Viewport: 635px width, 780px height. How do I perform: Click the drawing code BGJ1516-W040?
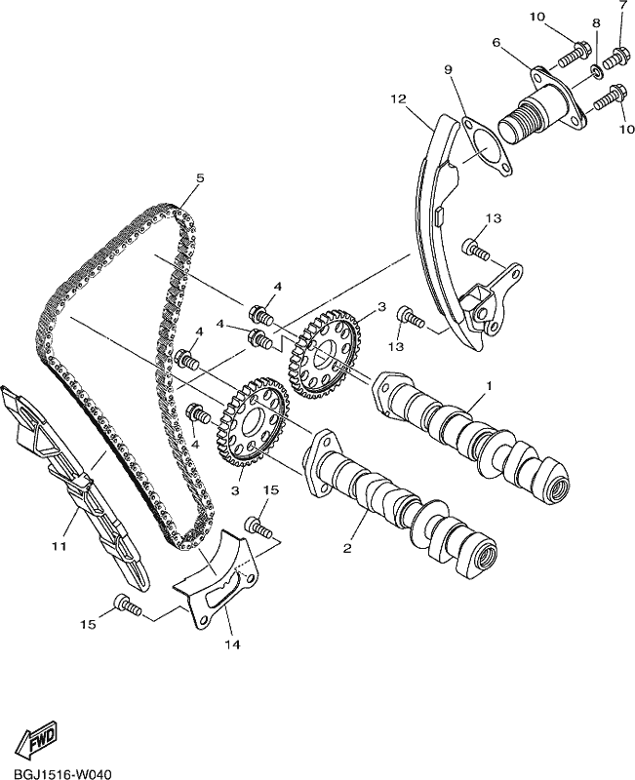[x=56, y=773]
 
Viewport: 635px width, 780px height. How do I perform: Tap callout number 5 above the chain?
[x=200, y=178]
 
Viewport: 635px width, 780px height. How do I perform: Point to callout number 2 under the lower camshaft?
[x=347, y=548]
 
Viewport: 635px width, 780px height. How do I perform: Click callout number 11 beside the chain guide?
[x=60, y=546]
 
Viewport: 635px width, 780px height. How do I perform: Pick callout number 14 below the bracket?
[x=232, y=644]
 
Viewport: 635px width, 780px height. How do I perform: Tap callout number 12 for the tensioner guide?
[x=399, y=99]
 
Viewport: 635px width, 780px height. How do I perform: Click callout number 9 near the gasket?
[x=449, y=70]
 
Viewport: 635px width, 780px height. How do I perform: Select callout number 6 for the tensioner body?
[x=496, y=43]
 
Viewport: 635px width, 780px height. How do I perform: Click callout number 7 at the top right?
[x=623, y=6]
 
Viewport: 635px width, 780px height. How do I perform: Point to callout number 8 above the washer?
[x=596, y=22]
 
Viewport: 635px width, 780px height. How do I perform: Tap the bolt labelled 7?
[x=615, y=58]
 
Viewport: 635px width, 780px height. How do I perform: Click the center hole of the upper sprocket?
[x=325, y=353]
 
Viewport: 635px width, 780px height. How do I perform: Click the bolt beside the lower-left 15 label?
[x=128, y=604]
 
